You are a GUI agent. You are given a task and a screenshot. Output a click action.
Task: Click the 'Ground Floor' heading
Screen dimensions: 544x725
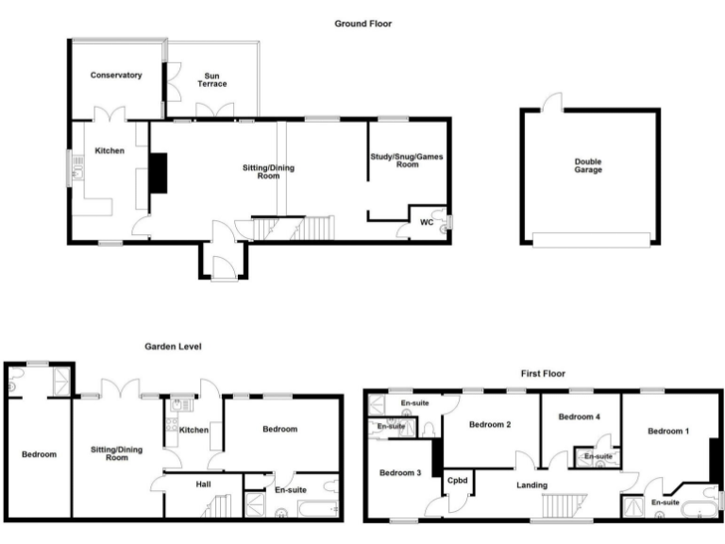pyautogui.click(x=362, y=24)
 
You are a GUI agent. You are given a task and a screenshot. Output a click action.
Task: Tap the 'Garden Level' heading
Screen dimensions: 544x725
pyautogui.click(x=173, y=347)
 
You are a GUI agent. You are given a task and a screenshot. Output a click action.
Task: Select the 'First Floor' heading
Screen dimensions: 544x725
pyautogui.click(x=543, y=374)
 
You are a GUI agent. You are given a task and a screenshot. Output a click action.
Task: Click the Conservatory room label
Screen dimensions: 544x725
pyautogui.click(x=116, y=75)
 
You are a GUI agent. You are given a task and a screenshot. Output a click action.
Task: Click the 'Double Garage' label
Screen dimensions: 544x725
pyautogui.click(x=588, y=165)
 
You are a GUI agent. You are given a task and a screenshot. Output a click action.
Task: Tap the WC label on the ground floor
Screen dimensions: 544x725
pyautogui.click(x=427, y=223)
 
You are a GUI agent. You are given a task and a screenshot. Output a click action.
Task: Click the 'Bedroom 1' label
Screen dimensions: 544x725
pyautogui.click(x=668, y=431)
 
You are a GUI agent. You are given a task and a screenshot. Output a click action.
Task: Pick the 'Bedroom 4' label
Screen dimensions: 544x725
pyautogui.click(x=579, y=416)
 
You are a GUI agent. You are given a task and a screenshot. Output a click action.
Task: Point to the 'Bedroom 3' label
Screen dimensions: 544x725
pyautogui.click(x=400, y=473)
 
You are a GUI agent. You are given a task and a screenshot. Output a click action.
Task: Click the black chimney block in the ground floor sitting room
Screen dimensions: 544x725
pyautogui.click(x=159, y=173)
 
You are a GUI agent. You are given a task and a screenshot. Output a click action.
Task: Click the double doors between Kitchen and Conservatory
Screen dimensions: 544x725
pyautogui.click(x=115, y=114)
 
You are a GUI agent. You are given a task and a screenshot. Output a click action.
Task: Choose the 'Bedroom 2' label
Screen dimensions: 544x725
pyautogui.click(x=490, y=425)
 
